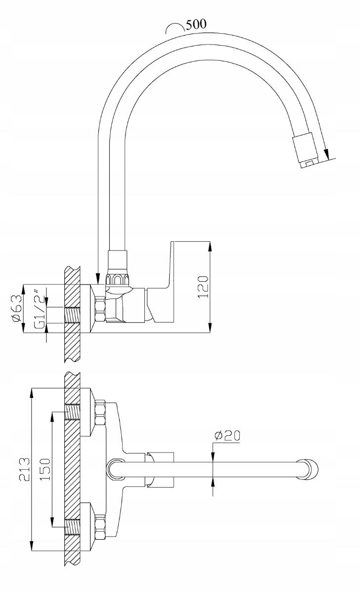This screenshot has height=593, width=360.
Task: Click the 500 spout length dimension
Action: click(196, 24)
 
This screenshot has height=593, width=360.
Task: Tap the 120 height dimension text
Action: click(203, 287)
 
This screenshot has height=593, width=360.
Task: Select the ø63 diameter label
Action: click(16, 308)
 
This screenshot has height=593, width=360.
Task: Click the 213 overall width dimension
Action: click(24, 469)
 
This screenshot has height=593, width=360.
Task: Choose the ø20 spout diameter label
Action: click(227, 436)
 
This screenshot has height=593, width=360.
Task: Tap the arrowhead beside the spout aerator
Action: click(326, 153)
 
